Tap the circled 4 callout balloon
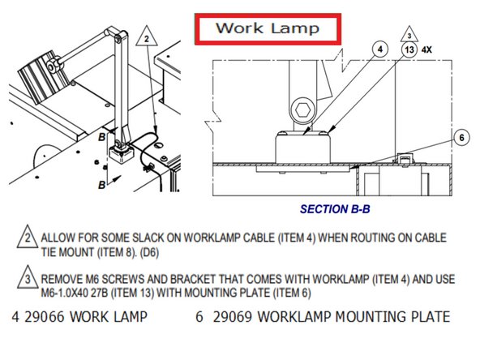(378, 49)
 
